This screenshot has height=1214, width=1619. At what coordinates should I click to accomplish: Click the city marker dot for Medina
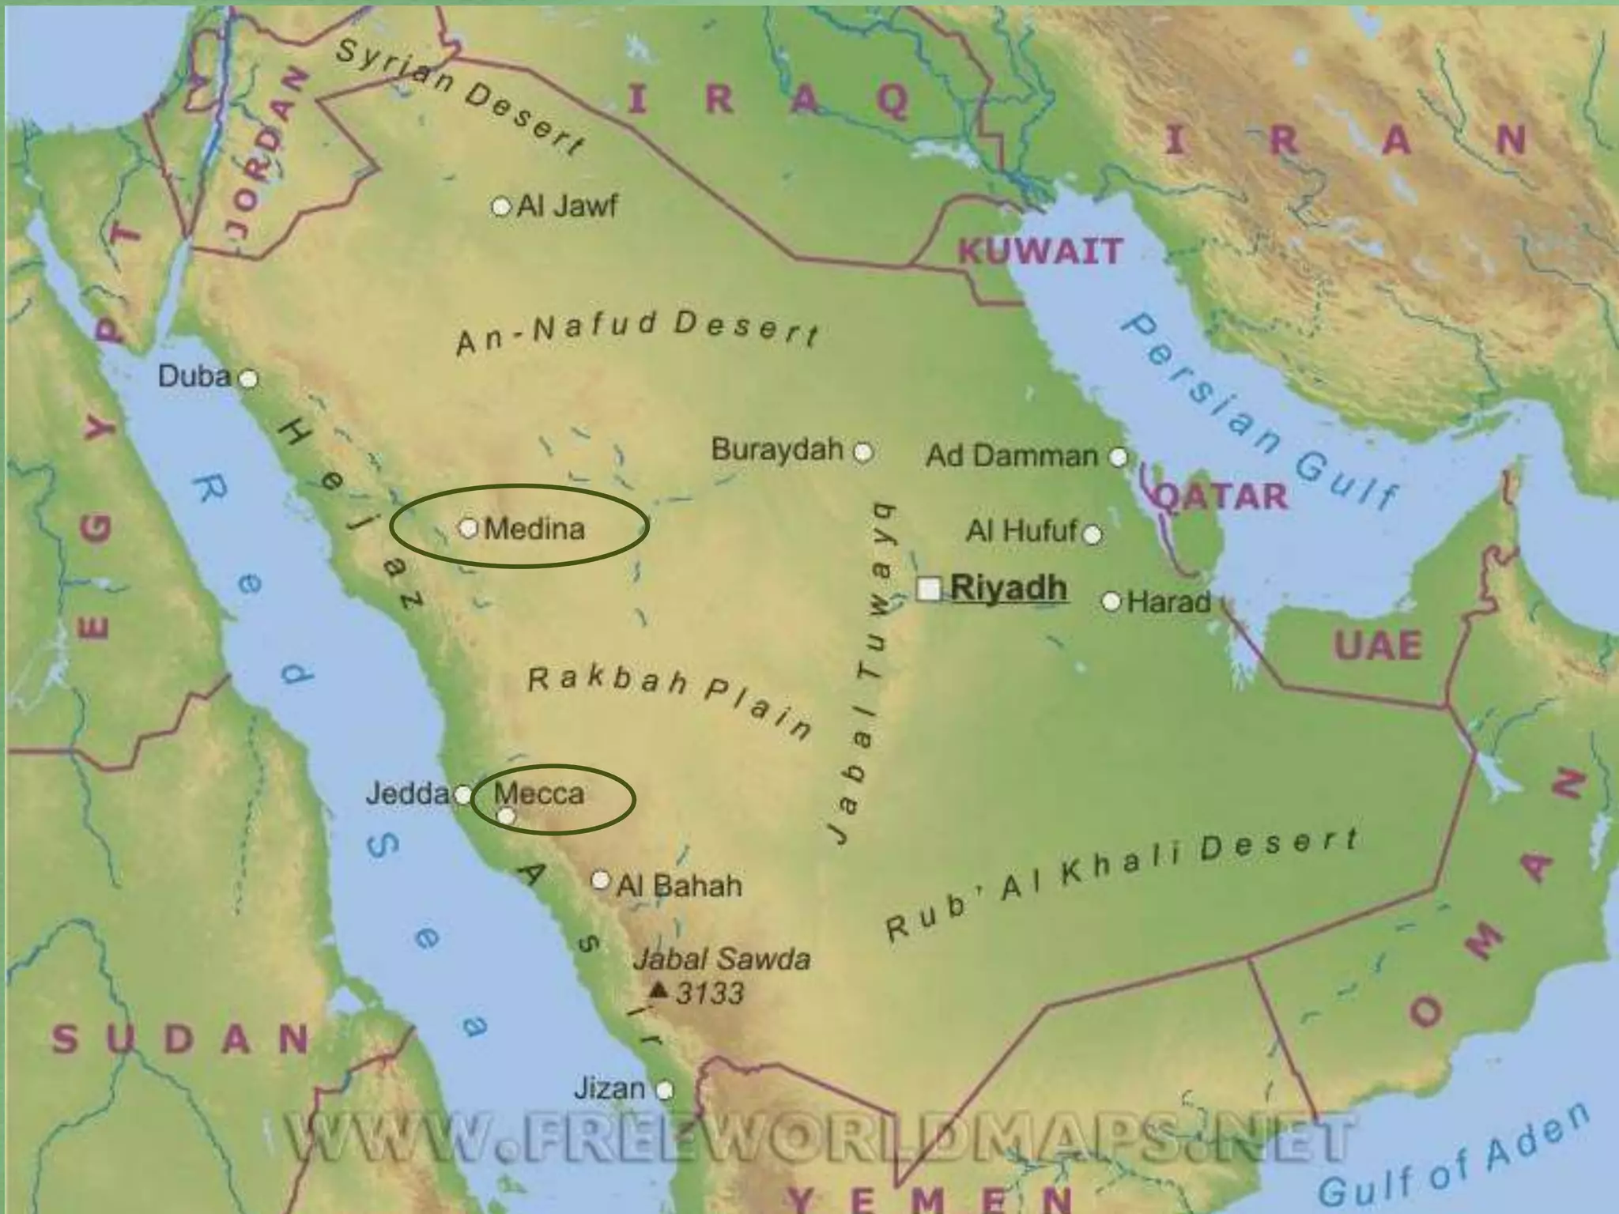(x=468, y=527)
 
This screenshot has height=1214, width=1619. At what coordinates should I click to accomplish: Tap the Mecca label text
(x=539, y=793)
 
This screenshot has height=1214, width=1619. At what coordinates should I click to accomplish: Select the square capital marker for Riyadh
(x=929, y=589)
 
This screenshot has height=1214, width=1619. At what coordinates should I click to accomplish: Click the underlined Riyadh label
(x=1009, y=588)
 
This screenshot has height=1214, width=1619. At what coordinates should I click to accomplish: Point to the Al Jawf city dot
(x=500, y=207)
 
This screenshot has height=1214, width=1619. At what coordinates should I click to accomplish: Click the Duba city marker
(x=248, y=379)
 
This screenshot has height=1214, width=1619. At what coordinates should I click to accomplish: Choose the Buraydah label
(x=777, y=450)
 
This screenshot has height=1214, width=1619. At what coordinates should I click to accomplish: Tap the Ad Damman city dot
(x=1118, y=457)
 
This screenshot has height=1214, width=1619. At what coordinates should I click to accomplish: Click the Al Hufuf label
(x=1021, y=531)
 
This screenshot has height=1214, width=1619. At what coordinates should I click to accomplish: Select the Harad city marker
(x=1111, y=602)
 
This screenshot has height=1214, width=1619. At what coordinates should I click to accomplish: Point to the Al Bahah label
(x=679, y=885)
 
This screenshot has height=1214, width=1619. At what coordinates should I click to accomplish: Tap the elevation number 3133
(x=710, y=993)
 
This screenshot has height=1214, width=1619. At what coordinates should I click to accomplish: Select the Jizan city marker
(x=665, y=1091)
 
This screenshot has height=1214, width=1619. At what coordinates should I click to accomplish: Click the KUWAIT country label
(x=1040, y=252)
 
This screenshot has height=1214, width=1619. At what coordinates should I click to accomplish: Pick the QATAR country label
(x=1221, y=496)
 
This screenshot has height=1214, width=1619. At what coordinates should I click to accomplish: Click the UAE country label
(x=1378, y=646)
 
